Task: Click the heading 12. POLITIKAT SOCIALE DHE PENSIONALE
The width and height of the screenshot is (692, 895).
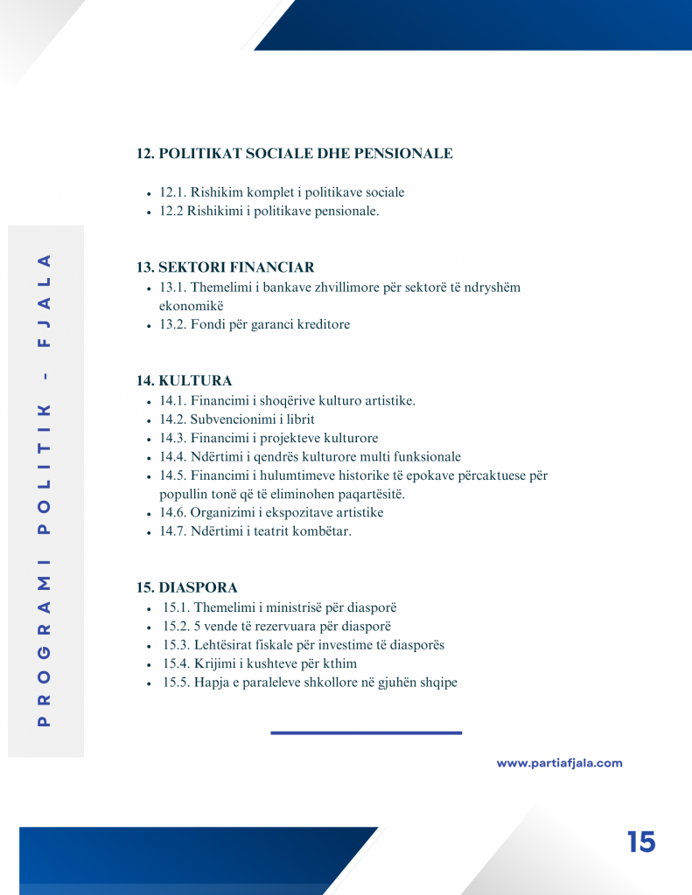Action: coord(294,154)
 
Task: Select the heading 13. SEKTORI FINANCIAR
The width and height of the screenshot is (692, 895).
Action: coord(225,267)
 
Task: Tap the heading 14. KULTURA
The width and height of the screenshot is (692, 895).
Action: coord(184,381)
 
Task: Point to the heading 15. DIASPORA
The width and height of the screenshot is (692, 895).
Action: coord(186,587)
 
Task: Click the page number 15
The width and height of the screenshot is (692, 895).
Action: coord(640,842)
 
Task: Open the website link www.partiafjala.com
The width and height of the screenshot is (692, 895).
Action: coord(559,763)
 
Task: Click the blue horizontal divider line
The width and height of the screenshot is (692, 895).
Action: coord(366,732)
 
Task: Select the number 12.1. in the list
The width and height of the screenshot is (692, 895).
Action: coord(172,192)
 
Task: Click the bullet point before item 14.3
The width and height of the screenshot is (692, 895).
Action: coord(150,440)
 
